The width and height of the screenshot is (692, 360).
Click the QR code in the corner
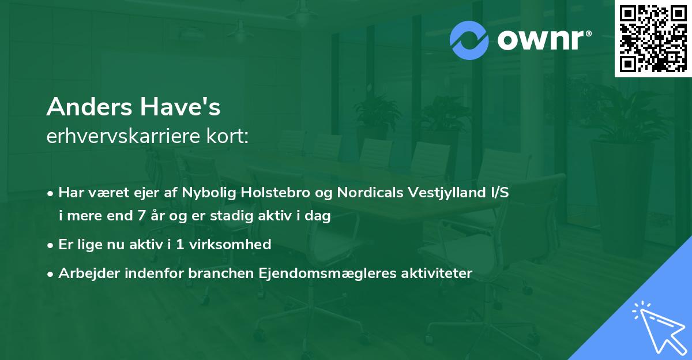pyautogui.click(x=653, y=39)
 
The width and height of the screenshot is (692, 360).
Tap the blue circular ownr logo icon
pyautogui.click(x=469, y=40)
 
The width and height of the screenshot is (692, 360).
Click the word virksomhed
pyautogui.click(x=235, y=245)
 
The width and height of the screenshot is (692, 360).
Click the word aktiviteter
pyautogui.click(x=436, y=273)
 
